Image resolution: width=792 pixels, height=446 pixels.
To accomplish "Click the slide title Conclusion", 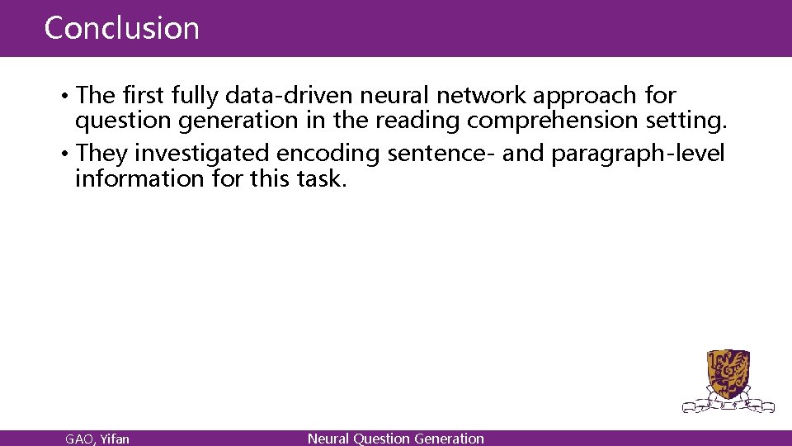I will (121, 28).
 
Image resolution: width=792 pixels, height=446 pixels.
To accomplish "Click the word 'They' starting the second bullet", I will (101, 154).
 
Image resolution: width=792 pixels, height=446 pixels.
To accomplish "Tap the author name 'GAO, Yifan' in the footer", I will (97, 439).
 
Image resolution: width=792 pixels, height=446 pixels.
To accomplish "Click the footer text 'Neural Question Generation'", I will (395, 439).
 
